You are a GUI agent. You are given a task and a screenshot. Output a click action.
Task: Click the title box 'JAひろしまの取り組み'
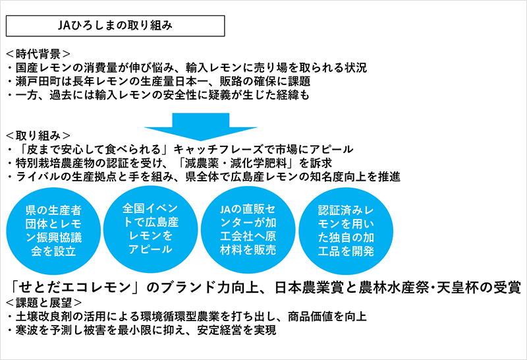click(x=115, y=26)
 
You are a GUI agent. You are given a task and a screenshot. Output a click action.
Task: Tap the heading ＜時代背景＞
click(x=38, y=54)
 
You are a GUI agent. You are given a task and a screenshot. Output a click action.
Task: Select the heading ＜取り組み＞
click(x=38, y=136)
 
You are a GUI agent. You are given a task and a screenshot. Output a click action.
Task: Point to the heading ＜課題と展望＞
click(x=43, y=303)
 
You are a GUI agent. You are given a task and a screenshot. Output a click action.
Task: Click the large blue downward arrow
click(x=201, y=127)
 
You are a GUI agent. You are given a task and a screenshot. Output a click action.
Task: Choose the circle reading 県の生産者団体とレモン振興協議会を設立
click(x=53, y=231)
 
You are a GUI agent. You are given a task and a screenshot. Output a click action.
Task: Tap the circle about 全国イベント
click(x=150, y=229)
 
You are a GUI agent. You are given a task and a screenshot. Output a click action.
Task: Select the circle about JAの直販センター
click(x=248, y=230)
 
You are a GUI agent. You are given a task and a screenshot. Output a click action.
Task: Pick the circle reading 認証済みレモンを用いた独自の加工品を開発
click(x=346, y=231)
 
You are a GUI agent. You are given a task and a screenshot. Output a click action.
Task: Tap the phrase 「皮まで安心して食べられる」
click(x=94, y=150)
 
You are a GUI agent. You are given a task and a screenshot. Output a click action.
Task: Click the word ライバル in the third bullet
click(x=38, y=177)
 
